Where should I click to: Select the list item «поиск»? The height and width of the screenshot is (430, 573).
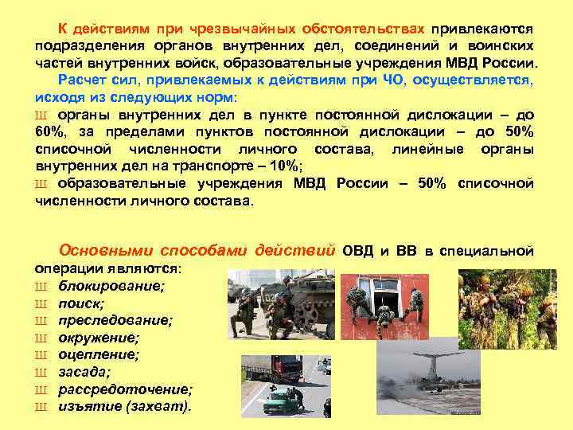82,303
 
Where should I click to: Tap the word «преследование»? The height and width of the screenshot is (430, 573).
115,320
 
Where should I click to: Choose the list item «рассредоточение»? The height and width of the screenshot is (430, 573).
125,389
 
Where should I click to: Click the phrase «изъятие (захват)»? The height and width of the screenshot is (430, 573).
125,406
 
